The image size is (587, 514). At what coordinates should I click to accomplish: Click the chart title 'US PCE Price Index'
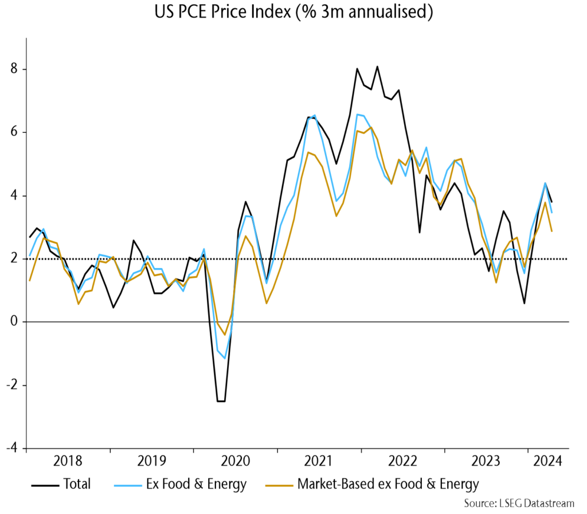click(293, 13)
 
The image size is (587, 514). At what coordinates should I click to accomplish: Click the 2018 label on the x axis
click(68, 461)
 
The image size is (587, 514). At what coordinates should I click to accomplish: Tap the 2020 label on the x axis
click(235, 461)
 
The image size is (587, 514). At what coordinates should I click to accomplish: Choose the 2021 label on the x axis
click(319, 461)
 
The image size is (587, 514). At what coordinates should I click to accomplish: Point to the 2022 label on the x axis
click(402, 461)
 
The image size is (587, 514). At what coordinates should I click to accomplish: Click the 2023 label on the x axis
click(486, 461)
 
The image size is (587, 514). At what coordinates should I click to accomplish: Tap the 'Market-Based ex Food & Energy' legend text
click(388, 484)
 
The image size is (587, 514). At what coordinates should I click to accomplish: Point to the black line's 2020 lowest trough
click(221, 401)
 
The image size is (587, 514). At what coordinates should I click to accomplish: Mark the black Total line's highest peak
click(377, 66)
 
